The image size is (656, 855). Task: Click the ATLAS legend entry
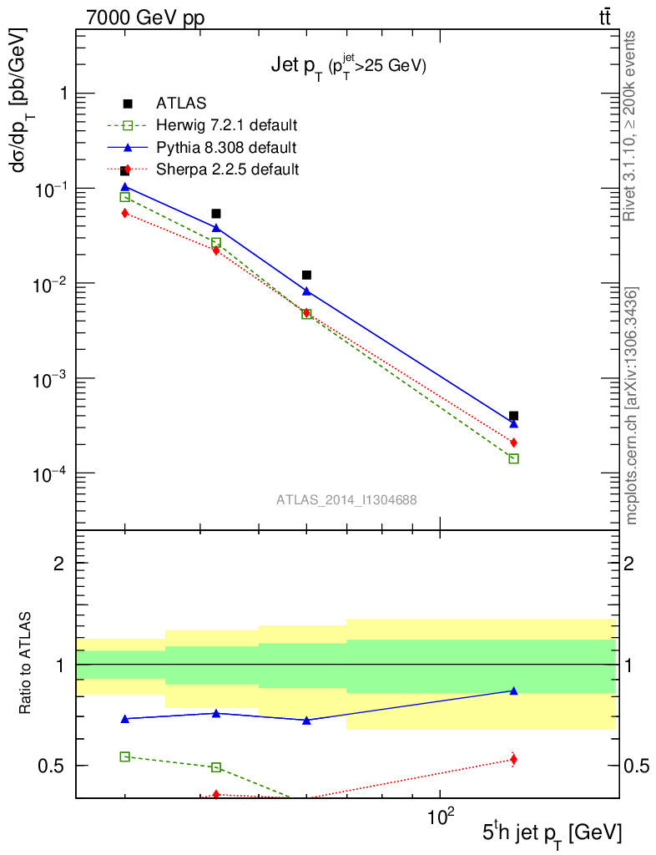click(181, 104)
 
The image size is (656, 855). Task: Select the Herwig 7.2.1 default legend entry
click(226, 126)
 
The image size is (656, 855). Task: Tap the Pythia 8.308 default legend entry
click(226, 148)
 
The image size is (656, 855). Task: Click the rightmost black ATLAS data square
click(513, 416)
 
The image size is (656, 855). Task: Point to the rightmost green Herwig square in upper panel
click(513, 458)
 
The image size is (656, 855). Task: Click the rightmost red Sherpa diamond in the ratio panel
click(513, 759)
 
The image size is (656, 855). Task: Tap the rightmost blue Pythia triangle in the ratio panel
click(513, 691)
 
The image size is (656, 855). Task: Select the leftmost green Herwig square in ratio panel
click(125, 756)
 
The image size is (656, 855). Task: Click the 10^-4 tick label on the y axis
click(48, 474)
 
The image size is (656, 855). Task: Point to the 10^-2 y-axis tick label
click(48, 285)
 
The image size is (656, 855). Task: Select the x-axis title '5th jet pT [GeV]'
click(551, 832)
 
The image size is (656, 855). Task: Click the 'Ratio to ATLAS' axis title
click(27, 663)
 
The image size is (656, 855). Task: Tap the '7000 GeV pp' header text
click(145, 18)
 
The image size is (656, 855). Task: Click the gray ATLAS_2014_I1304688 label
click(346, 499)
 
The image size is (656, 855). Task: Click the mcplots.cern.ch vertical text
click(632, 406)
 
